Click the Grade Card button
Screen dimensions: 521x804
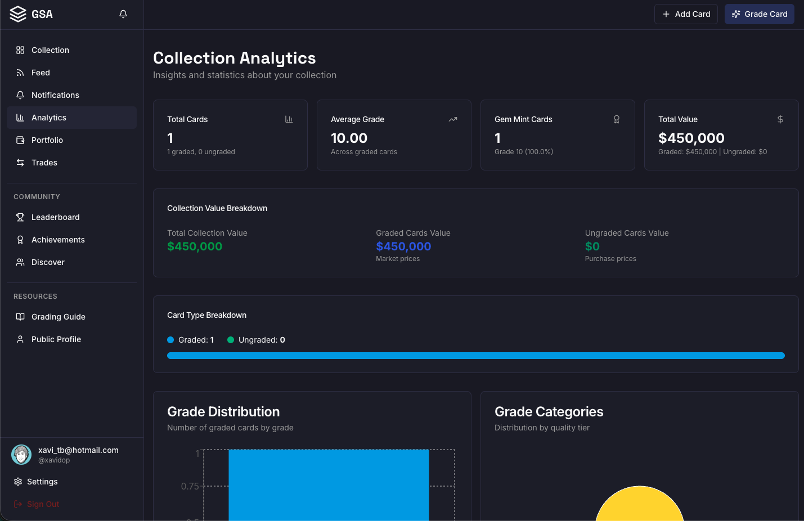pos(759,14)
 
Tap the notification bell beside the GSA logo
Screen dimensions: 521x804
pos(123,14)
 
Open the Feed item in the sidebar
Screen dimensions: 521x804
pos(41,73)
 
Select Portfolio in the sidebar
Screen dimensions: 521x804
pos(47,140)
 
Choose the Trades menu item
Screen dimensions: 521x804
pos(44,163)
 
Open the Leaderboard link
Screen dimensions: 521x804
pos(55,217)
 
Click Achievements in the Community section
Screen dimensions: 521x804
pos(58,240)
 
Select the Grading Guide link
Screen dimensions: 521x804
pos(58,317)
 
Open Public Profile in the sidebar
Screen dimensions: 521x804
pos(56,339)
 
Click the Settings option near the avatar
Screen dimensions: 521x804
pos(42,482)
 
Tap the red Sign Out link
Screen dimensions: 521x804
pos(43,504)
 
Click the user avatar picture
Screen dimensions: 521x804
pos(21,455)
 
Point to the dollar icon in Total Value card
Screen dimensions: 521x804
pos(780,119)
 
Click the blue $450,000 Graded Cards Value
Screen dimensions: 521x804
pos(403,246)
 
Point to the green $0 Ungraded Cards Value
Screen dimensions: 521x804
pos(592,246)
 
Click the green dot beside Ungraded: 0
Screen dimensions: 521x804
pos(231,340)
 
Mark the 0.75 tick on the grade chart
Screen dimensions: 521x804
pos(190,486)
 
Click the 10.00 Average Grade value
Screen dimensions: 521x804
pos(349,138)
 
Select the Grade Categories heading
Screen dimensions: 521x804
pos(549,412)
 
